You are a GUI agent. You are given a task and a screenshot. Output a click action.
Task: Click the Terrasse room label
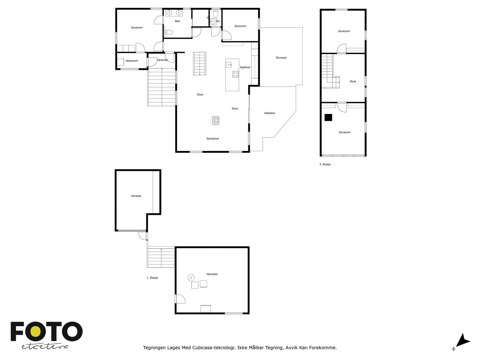click(x=281, y=58)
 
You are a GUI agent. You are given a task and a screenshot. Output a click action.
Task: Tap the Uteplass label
click(x=269, y=113)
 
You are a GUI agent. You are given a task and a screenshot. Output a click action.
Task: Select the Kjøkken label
click(x=245, y=67)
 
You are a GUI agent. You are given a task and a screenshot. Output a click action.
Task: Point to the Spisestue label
click(x=212, y=139)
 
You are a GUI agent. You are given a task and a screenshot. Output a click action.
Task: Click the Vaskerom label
click(x=132, y=61)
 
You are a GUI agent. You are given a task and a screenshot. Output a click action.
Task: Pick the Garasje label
click(x=136, y=196)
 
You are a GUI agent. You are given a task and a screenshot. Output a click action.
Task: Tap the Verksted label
click(x=212, y=274)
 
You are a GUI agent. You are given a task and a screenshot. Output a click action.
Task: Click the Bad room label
click(x=177, y=21)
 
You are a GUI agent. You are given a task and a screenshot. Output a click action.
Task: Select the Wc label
click(x=218, y=21)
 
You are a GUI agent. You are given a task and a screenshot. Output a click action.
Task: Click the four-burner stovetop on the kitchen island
click(x=235, y=74)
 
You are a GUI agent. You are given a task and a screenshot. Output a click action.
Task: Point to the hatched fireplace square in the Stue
click(x=215, y=120)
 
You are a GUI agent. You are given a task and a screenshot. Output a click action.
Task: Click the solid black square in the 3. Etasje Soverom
click(x=328, y=118)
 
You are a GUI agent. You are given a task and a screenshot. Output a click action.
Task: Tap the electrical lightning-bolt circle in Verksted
click(x=191, y=278)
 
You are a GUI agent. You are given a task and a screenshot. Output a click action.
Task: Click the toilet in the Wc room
click(x=216, y=13)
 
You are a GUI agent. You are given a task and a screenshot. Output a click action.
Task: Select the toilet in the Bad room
click(x=169, y=33)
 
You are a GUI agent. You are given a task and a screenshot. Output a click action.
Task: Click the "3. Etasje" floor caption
click(x=325, y=164)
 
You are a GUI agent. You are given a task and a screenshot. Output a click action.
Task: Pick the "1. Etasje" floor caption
click(x=152, y=278)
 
